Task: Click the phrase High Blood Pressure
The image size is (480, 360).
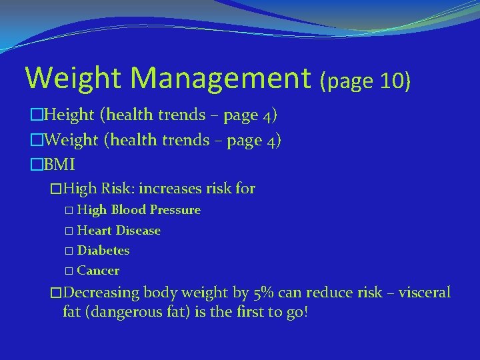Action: (x=139, y=210)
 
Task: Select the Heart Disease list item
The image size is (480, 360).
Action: (x=119, y=230)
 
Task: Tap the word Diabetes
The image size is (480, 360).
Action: (x=103, y=251)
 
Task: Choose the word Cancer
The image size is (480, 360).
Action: (x=98, y=271)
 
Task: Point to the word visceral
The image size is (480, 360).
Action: (x=425, y=293)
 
